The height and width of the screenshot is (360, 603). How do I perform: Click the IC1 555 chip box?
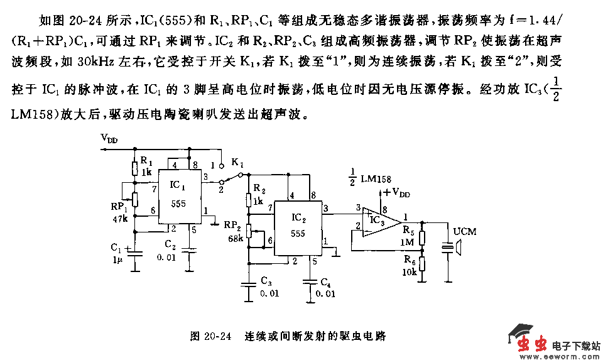pos(178,196)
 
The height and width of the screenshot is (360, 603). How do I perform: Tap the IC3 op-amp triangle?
pos(379,220)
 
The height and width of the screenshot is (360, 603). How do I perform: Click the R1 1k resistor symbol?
pos(134,168)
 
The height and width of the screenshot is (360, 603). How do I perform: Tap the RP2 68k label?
pos(234,231)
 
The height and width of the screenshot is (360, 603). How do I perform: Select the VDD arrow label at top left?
pos(109,139)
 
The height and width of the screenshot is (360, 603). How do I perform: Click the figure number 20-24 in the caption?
pos(210,336)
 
